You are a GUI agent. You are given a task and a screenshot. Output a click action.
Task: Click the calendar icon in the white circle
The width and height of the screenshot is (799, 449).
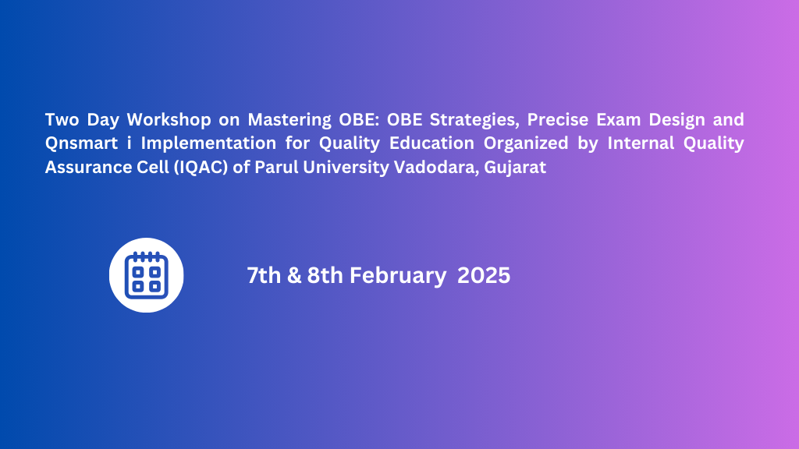click(x=146, y=275)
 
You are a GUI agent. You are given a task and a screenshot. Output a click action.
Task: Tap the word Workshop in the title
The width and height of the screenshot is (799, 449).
click(x=169, y=119)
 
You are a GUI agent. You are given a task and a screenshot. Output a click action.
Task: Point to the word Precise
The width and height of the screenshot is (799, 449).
click(x=557, y=119)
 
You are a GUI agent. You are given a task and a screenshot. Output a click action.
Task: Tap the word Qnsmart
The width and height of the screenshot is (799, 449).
click(x=81, y=143)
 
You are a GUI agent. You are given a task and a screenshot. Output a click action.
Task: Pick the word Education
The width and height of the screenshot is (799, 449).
click(x=431, y=143)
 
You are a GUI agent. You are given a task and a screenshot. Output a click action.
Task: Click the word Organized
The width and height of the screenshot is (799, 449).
click(x=526, y=144)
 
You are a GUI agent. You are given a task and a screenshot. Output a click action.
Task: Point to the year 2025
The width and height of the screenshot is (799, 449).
click(x=484, y=275)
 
